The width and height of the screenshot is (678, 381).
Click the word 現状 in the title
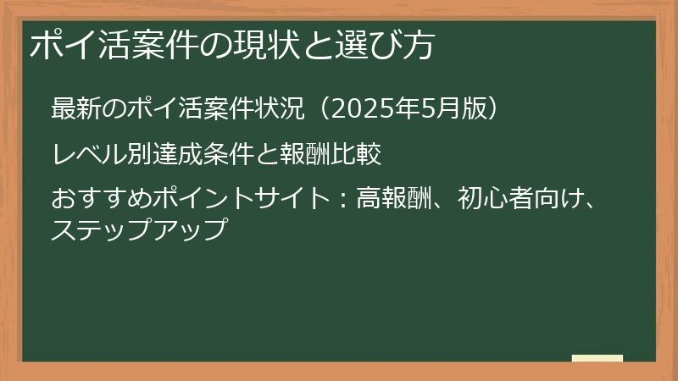pos(275,46)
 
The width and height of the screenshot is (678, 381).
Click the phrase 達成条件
pos(201,155)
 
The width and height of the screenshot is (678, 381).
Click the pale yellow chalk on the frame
pos(597,359)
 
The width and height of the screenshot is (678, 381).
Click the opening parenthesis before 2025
pos(315,110)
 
